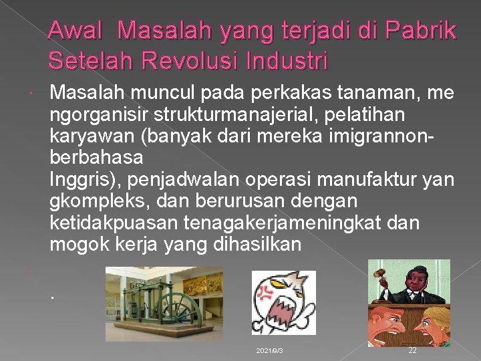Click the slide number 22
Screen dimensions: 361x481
[x=412, y=350]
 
